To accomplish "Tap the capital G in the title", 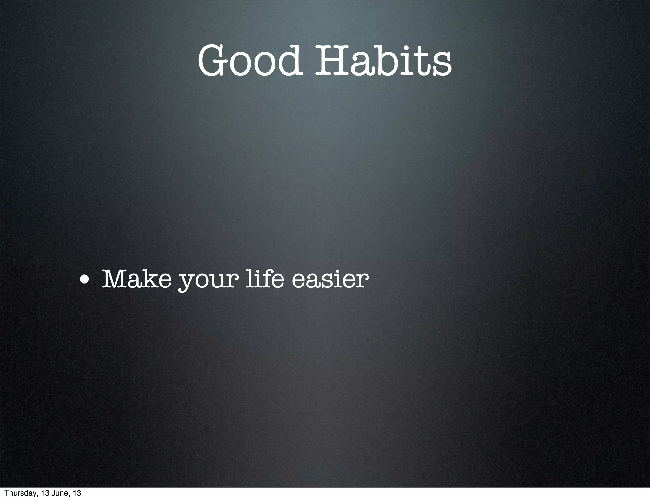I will [214, 60].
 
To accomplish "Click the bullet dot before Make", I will [84, 280].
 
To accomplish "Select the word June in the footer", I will [58, 493].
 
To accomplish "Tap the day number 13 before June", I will [45, 493].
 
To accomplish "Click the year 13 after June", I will [77, 493].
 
